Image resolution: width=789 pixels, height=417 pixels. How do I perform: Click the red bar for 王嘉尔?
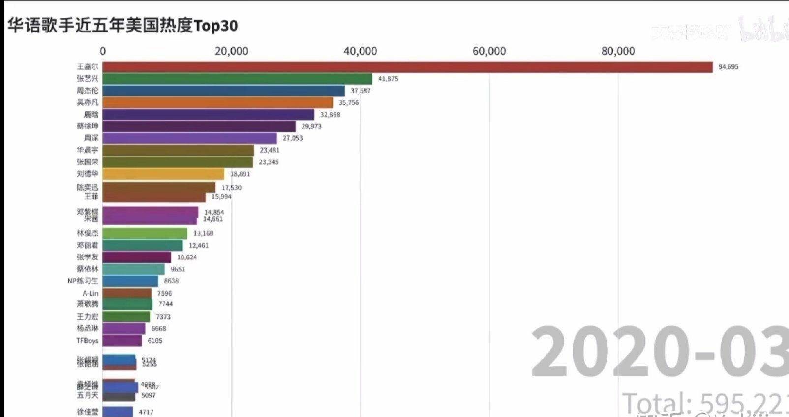(407, 67)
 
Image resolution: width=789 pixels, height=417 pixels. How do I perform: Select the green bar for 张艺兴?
(238, 79)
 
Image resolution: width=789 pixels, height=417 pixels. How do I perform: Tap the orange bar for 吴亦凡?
(218, 102)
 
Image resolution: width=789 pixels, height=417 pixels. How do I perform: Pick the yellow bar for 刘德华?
(163, 174)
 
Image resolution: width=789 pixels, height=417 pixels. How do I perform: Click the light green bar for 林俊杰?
(145, 233)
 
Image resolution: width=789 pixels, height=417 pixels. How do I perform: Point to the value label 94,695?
(728, 67)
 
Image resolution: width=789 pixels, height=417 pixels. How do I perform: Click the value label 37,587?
(361, 91)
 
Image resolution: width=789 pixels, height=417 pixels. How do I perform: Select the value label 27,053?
(293, 138)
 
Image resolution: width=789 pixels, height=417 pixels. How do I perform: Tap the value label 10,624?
(187, 257)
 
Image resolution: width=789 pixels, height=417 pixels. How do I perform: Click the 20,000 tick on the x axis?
(231, 51)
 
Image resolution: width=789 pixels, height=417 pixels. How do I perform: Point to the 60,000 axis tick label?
(489, 51)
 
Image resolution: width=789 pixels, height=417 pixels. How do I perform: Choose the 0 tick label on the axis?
(103, 51)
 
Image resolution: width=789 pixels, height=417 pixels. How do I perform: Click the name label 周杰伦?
(88, 91)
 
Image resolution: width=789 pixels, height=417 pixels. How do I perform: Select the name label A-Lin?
(91, 293)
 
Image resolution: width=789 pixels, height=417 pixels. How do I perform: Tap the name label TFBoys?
(87, 341)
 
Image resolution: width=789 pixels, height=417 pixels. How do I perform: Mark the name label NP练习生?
(83, 281)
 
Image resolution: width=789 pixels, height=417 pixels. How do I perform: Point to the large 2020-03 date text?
(659, 353)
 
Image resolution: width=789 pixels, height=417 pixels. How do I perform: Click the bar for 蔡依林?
(134, 269)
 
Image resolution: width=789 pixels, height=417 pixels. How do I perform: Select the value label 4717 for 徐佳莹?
(146, 412)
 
